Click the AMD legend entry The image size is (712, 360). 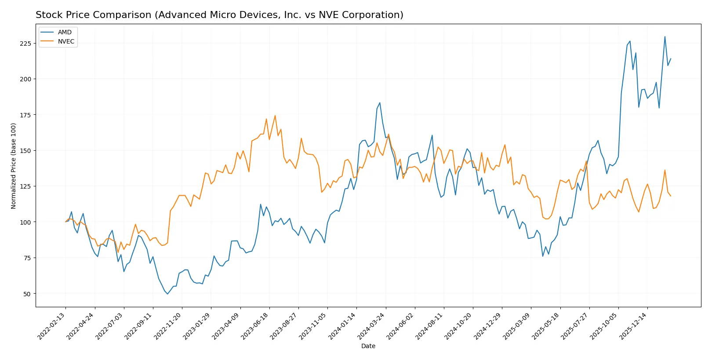pos(64,32)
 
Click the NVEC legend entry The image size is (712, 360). pos(66,41)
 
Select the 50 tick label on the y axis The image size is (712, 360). pos(27,294)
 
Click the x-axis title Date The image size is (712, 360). pos(368,346)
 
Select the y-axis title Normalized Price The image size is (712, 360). pos(14,166)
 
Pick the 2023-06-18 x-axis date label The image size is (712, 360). pos(255,326)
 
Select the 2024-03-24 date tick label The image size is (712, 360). pos(372,326)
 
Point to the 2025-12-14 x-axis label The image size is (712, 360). pos(633,326)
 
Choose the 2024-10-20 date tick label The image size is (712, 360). pos(459,326)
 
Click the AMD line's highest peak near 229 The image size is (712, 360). pos(665,36)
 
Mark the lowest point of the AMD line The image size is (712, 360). pos(167,294)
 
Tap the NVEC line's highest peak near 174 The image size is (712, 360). pos(275,116)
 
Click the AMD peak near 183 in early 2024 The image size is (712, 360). pos(380,103)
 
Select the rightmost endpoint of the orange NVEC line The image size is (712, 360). pos(671,196)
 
